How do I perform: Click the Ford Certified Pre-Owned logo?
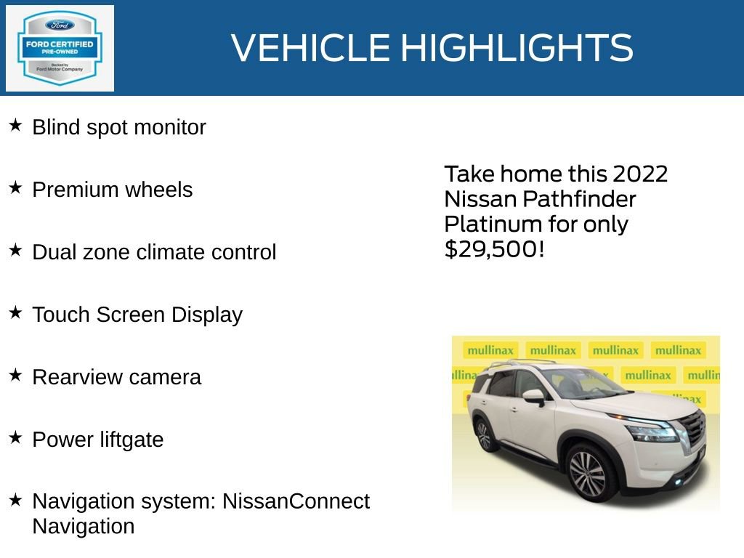60,48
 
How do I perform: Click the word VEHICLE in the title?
310,48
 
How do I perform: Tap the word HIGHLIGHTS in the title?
517,48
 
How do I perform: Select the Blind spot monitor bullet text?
119,128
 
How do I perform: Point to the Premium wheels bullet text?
113,190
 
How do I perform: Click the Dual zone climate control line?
154,253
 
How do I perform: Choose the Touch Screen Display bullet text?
137,315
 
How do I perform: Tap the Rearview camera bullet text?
116,378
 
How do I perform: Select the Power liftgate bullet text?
98,440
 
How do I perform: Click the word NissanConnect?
296,501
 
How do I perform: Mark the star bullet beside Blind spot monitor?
15,126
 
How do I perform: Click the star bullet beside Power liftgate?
15,438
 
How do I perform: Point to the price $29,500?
494,249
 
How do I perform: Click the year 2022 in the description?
639,174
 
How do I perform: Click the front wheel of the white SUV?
587,473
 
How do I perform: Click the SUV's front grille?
694,429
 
